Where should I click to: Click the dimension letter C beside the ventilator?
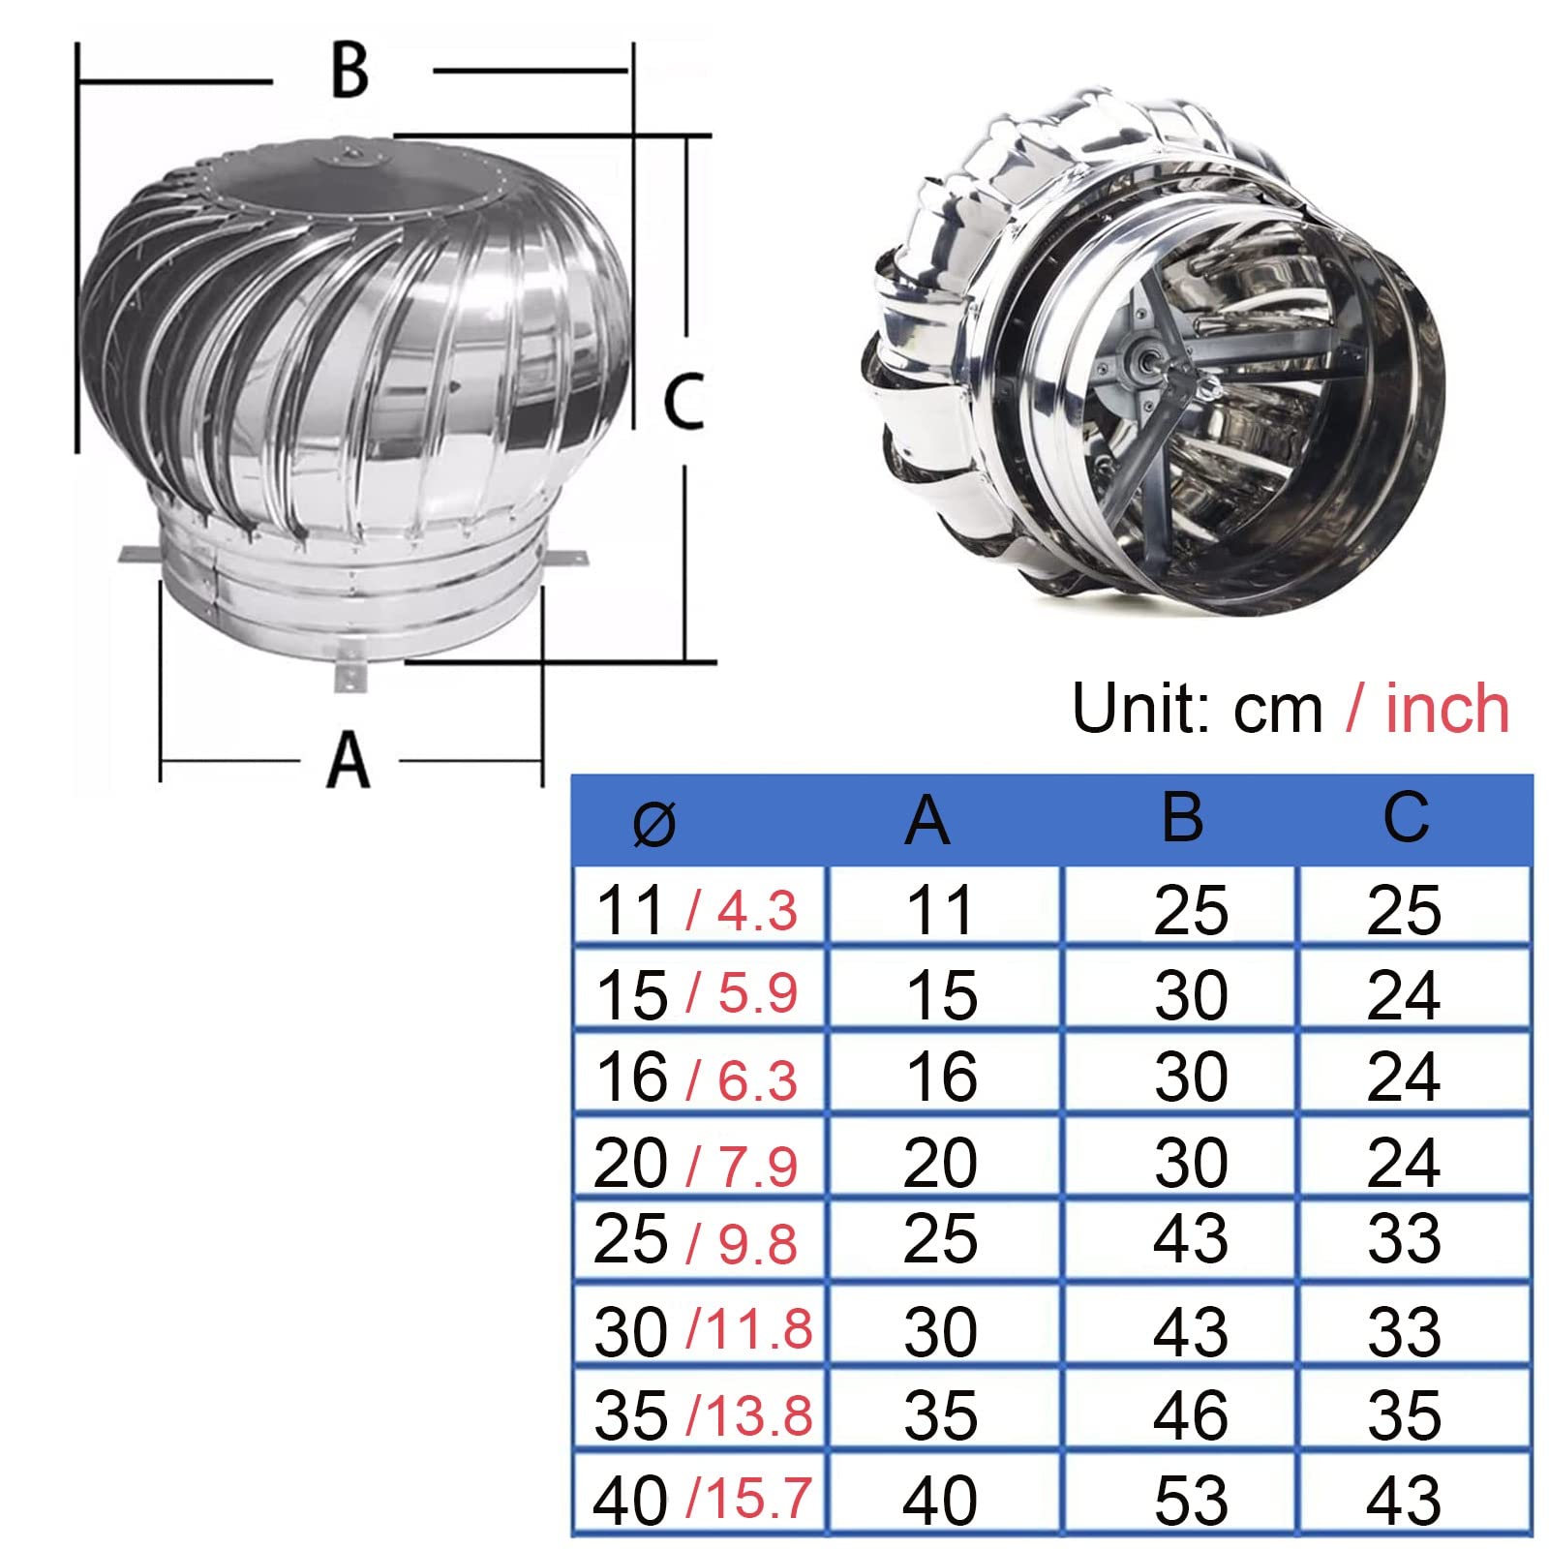(683, 401)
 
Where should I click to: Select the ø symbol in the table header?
(653, 824)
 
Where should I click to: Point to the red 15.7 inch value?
(758, 1499)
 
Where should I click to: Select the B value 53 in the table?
(1191, 1501)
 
